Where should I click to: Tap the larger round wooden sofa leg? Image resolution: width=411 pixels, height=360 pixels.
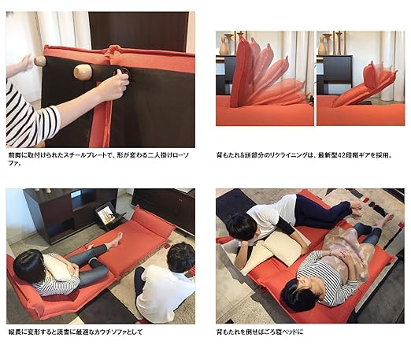(x=83, y=72)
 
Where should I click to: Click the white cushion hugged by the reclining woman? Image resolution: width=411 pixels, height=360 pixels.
(x=57, y=265)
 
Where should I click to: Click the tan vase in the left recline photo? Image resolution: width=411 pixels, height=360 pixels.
(x=224, y=46)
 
